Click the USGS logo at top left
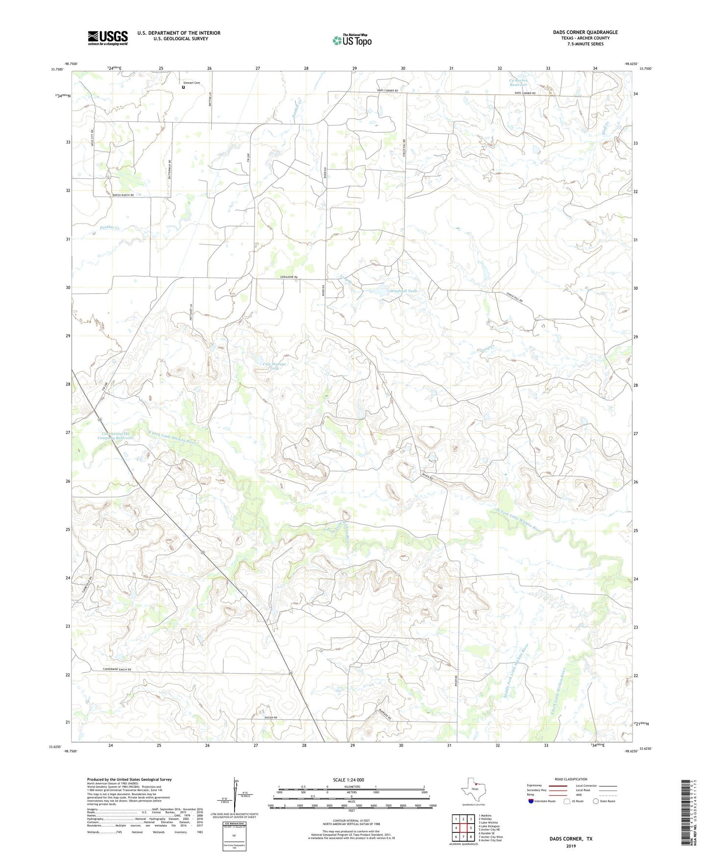(x=108, y=38)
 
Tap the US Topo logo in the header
(x=352, y=40)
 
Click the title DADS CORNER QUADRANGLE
(x=585, y=32)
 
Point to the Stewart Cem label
(x=192, y=83)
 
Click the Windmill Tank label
(x=404, y=291)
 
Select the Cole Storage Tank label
(x=274, y=366)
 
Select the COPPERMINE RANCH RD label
(x=118, y=670)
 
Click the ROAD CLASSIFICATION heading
(x=571, y=779)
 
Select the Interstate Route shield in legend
(x=532, y=801)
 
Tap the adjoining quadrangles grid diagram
(x=463, y=829)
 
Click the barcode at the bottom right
(x=687, y=814)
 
